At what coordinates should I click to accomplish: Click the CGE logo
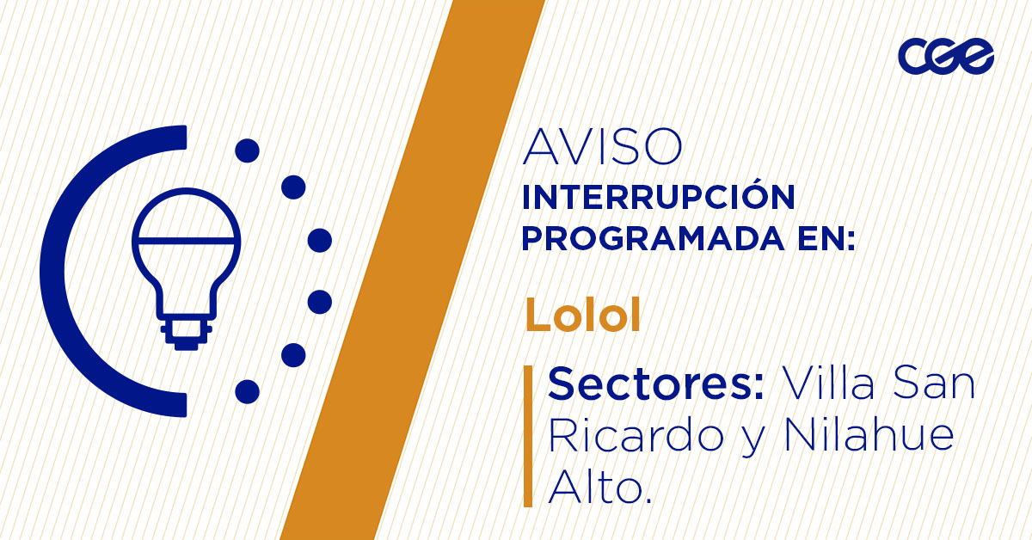tap(945, 57)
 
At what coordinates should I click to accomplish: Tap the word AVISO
tap(603, 148)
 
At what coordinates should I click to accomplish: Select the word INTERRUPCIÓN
tap(658, 198)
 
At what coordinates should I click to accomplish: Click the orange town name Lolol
tap(583, 316)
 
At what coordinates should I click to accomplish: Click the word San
tap(934, 384)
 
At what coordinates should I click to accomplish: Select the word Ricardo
tap(635, 437)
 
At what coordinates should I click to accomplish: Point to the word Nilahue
tap(869, 437)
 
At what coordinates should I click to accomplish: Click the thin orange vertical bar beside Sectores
tap(528, 435)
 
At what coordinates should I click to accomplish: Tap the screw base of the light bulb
tap(186, 334)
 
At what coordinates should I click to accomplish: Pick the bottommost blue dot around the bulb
tap(247, 392)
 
